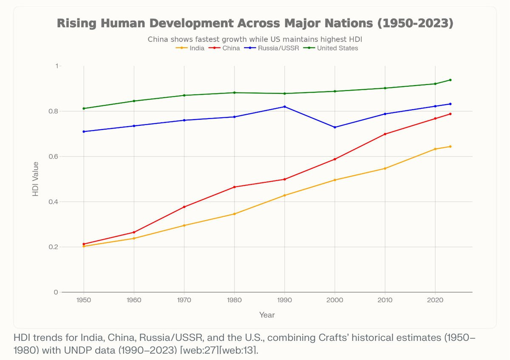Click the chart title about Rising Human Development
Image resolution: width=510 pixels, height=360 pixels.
coord(255,23)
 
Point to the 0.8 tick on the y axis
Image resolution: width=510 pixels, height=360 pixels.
coord(55,111)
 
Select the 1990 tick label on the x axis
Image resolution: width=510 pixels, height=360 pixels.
coord(284,300)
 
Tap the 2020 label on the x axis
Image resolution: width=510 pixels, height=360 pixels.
coord(435,300)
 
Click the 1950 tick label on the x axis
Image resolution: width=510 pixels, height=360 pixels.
coord(84,300)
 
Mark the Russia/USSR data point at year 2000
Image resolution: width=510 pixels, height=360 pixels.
coord(335,127)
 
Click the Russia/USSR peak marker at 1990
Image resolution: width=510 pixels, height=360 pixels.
coord(284,107)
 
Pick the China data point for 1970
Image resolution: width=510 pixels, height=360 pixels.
coord(184,207)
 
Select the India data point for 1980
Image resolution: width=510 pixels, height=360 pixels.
coord(234,214)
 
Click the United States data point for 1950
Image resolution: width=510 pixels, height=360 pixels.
coord(84,108)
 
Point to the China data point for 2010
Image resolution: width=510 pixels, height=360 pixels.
coord(385,134)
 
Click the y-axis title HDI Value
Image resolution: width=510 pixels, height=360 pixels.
coord(36,179)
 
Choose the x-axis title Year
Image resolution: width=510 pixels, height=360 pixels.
coord(267,315)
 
